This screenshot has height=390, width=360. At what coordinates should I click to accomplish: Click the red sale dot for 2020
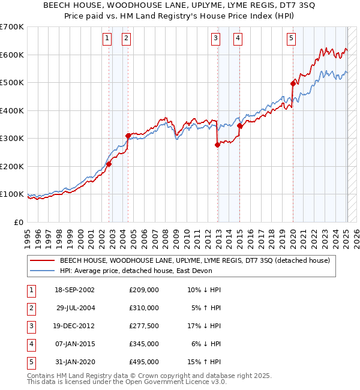pyautogui.click(x=293, y=84)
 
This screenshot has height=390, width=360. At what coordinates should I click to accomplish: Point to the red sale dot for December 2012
pyautogui.click(x=217, y=145)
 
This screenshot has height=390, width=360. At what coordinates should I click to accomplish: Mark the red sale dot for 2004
pyautogui.click(x=128, y=136)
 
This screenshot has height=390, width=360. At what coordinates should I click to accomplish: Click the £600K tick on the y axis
pyautogui.click(x=12, y=55)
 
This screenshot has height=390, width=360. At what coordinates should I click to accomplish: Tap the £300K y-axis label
pyautogui.click(x=12, y=138)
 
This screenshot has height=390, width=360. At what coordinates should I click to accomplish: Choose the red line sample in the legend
pyautogui.click(x=41, y=261)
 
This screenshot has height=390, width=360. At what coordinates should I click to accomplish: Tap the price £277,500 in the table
pyautogui.click(x=143, y=326)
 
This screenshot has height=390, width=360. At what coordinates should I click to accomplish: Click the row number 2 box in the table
pyautogui.click(x=29, y=308)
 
